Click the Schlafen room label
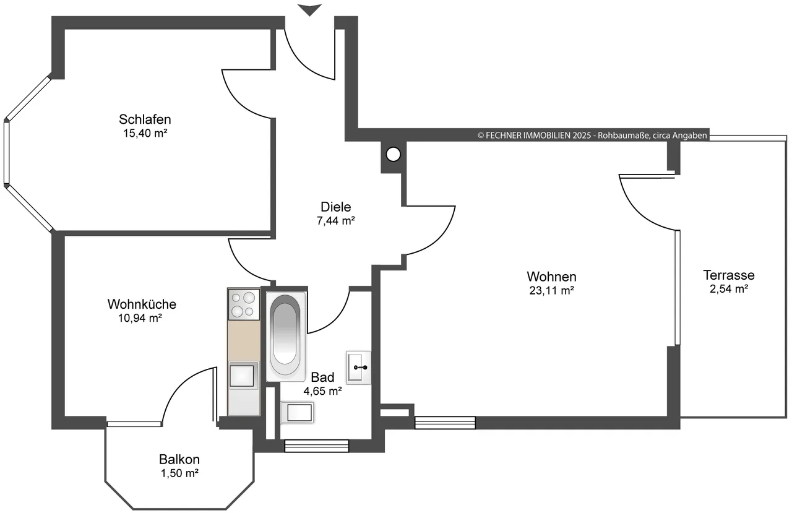pos(145,119)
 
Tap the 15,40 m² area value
pos(145,133)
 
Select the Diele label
pos(335,207)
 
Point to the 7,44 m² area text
pos(335,221)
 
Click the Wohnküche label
pos(142,304)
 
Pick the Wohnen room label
pos(551,277)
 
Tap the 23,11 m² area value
pos(551,290)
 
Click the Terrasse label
pos(729,275)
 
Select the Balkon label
pos(179,459)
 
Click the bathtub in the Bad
pos(285,336)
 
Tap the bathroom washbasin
pos(358,368)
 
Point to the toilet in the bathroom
pos(298,412)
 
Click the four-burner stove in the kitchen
pos(244,304)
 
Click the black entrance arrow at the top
pos(310,10)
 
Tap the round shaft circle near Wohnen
pos(393,154)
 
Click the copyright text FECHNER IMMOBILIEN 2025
pos(534,136)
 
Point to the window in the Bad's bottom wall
pos(317,446)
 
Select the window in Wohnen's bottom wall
pos(445,423)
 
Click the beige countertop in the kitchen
pos(244,340)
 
